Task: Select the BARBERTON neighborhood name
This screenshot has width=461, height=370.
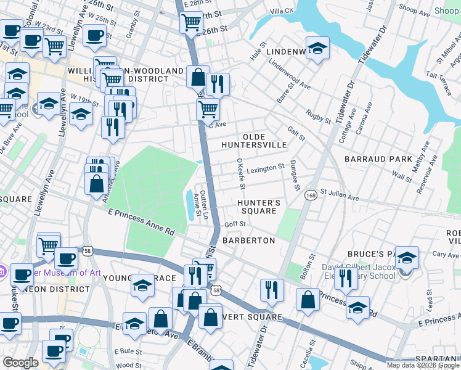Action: (x=248, y=240)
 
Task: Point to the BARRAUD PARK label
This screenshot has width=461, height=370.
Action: (x=378, y=159)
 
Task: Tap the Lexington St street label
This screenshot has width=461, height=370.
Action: (x=266, y=167)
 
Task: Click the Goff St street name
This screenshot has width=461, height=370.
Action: (x=235, y=224)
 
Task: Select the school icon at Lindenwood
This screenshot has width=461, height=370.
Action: (x=317, y=49)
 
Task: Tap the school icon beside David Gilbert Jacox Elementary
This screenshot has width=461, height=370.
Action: (x=407, y=257)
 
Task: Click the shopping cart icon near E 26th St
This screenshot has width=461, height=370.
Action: (x=192, y=23)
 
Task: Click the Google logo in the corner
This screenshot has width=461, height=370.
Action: (x=21, y=363)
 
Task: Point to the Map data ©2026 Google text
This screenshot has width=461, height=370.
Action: (x=422, y=365)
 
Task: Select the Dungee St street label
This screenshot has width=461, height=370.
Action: (x=295, y=175)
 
